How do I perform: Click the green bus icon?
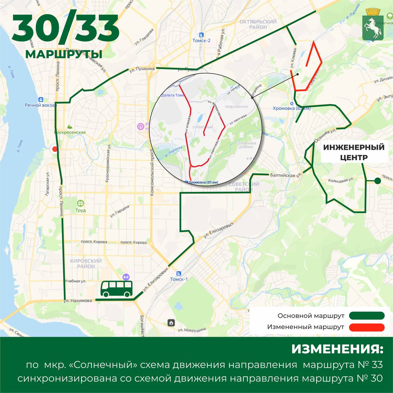[117, 289]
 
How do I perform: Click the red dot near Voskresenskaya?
[55, 150]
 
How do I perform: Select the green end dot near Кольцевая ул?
[378, 181]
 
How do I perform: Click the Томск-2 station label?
[201, 40]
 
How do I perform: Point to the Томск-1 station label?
[179, 279]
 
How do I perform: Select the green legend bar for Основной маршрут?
[367, 316]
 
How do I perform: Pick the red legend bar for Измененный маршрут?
[367, 327]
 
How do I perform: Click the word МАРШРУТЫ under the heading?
[64, 54]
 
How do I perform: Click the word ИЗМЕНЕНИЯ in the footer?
[337, 349]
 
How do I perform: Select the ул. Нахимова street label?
[78, 301]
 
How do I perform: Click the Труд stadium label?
[80, 210]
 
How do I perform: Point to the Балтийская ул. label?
[286, 176]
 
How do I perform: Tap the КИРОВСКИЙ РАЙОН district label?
[86, 263]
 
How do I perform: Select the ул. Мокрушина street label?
[192, 330]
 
